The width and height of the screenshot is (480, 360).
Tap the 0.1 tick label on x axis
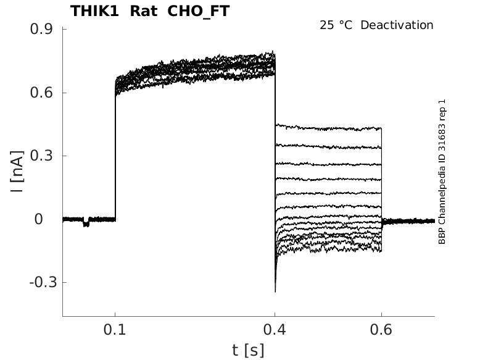pos(115,331)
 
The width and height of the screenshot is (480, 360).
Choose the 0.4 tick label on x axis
pos(275,331)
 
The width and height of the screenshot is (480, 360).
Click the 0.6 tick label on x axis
pos(381,331)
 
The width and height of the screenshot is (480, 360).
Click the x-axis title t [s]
pos(248,350)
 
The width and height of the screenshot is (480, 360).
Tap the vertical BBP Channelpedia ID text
pos(442,171)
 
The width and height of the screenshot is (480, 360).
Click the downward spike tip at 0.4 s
pos(275,291)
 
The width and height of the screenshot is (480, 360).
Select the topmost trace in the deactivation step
pos(327,127)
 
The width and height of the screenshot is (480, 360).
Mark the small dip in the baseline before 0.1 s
pos(86,224)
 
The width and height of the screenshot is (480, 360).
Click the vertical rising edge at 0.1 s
pos(115,154)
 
